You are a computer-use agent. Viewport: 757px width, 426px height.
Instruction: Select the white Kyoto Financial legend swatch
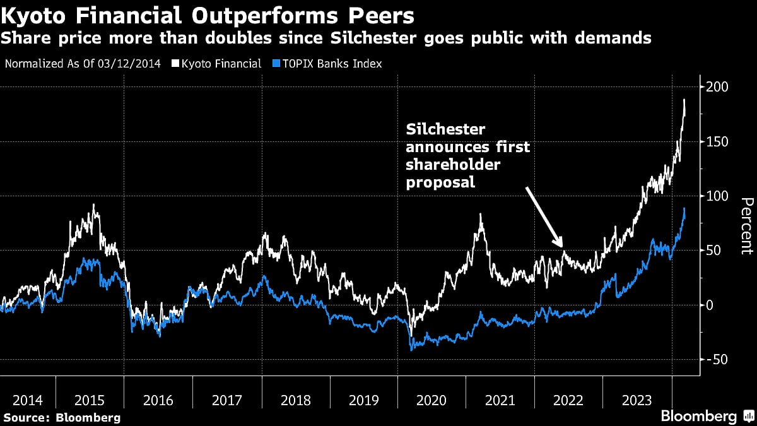tap(176, 64)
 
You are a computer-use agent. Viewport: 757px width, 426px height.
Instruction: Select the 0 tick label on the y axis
tap(710, 305)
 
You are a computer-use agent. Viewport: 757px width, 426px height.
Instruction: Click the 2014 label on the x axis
tap(28, 400)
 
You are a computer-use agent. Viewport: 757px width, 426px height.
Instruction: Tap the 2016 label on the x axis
tap(158, 400)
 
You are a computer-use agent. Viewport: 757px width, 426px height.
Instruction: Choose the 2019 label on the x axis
tap(363, 400)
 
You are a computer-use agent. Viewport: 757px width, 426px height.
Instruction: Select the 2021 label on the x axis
tap(500, 400)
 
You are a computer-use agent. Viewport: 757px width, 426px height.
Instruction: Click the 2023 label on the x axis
tap(637, 400)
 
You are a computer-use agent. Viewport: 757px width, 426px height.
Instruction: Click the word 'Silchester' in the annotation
tap(445, 129)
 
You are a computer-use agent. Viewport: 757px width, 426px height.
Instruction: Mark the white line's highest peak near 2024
tap(684, 100)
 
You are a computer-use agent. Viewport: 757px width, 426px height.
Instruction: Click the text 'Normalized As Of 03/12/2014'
tap(84, 64)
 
